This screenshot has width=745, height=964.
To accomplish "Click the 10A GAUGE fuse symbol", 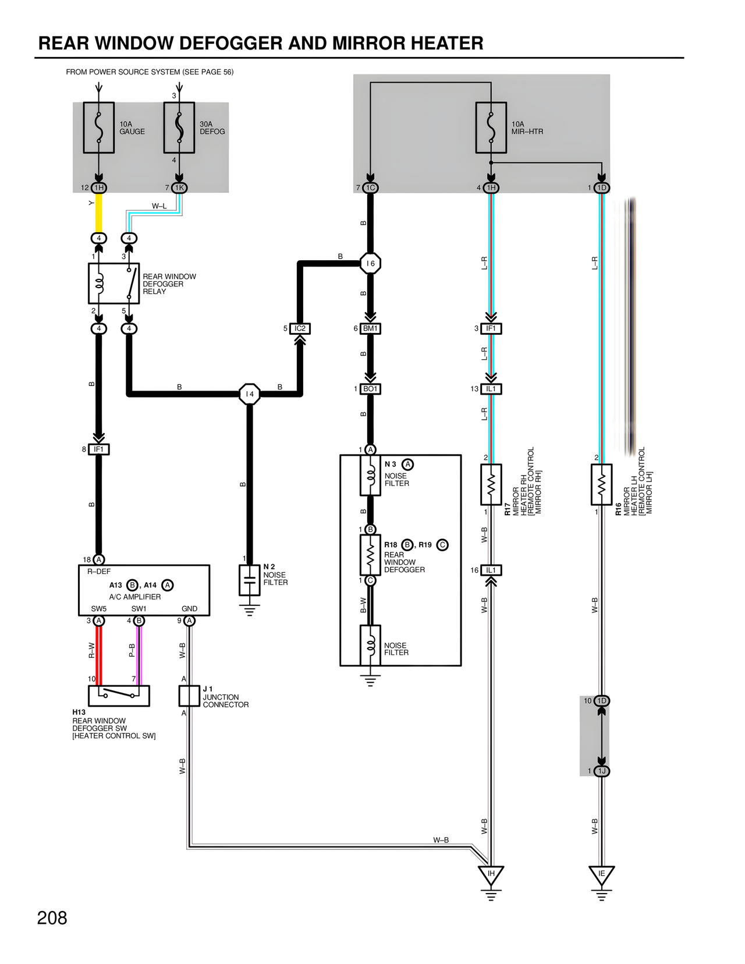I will [x=99, y=128].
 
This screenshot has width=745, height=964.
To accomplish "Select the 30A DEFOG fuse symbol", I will [x=179, y=128].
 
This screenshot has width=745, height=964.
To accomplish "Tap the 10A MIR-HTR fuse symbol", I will [x=491, y=128].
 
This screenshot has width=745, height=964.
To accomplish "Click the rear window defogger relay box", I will [x=113, y=283].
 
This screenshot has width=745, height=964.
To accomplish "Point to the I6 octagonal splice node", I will [x=370, y=263].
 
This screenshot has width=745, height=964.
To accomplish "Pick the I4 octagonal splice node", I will [x=250, y=394].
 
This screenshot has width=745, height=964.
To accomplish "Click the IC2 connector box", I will [x=300, y=328].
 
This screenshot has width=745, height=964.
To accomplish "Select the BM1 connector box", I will [x=370, y=328].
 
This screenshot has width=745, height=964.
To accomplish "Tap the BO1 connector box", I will [x=370, y=389].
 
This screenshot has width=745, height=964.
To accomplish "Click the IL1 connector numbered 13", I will [x=491, y=389].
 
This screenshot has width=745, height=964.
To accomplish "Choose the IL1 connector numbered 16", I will [x=491, y=570].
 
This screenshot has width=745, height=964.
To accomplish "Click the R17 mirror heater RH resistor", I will [x=491, y=484].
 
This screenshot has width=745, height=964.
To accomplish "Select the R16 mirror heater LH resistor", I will [x=601, y=484].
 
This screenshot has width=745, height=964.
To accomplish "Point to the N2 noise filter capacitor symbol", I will [x=250, y=580].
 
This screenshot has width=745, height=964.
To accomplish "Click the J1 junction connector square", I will [x=189, y=696].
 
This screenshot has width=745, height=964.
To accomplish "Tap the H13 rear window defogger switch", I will [x=119, y=695].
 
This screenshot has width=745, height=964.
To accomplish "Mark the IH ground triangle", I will [x=491, y=874].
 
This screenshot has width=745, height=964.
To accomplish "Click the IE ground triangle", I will [x=601, y=874].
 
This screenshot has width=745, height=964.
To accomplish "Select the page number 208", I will [x=52, y=918].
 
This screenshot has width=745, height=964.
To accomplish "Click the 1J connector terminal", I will [x=602, y=771].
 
